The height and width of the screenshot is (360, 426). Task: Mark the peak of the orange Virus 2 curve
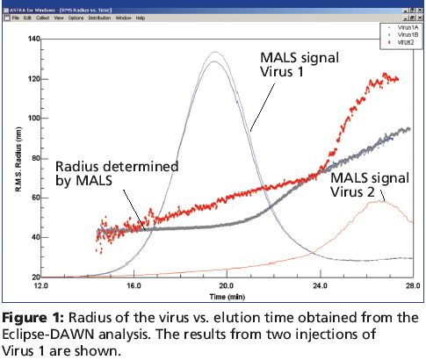pyautogui.click(x=378, y=201)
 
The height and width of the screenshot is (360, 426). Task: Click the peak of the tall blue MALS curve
pyautogui.click(x=213, y=53)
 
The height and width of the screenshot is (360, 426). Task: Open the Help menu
pyautogui.click(x=141, y=18)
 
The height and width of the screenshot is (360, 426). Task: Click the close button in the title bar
pyautogui.click(x=416, y=6)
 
